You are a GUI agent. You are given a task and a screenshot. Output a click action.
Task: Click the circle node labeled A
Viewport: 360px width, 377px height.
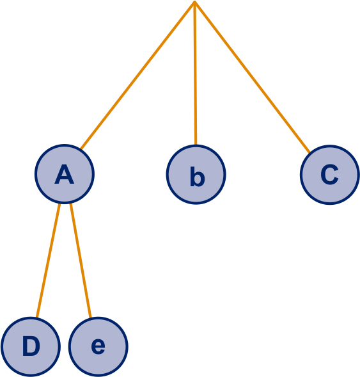[x=65, y=174]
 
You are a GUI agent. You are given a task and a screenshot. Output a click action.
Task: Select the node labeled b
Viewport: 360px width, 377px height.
[x=196, y=175]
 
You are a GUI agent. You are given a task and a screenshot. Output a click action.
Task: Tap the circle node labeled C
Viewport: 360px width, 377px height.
[x=330, y=175]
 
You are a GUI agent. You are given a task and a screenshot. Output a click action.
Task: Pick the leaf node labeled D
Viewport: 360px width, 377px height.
[x=31, y=347]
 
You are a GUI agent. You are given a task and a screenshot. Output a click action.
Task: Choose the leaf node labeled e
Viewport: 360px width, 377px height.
[x=98, y=347]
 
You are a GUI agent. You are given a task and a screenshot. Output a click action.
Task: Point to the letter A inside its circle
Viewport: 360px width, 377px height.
[x=65, y=175]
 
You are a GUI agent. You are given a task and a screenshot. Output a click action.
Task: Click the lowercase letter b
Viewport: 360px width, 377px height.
[x=198, y=177]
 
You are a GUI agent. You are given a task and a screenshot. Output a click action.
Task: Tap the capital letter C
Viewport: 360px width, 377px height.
[x=329, y=175]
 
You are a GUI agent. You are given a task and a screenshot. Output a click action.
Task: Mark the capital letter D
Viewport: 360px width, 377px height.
[x=31, y=346]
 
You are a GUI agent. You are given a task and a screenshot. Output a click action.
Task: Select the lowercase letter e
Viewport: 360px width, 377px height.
[x=98, y=346]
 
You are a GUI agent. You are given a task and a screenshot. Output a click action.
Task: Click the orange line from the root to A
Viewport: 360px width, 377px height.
[x=138, y=75]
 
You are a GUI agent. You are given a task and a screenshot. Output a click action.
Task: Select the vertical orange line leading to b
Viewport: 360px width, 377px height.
[x=195, y=73]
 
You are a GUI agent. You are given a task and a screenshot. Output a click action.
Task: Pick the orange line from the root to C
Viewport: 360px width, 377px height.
[x=252, y=77]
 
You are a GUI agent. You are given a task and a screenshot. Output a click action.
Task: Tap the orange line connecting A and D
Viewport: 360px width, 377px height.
[x=48, y=261]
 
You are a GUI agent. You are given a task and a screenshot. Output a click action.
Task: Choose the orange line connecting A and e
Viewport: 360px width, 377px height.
[x=81, y=261]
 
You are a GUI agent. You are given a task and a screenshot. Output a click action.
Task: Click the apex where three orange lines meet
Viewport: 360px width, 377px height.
[x=195, y=1]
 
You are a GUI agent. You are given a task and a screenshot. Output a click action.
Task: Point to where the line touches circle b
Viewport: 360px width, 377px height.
[x=196, y=145]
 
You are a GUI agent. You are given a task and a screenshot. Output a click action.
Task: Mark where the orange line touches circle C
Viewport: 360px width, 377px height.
[x=309, y=153]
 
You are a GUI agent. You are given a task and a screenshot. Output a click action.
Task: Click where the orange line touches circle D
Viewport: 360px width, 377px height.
[x=36, y=317]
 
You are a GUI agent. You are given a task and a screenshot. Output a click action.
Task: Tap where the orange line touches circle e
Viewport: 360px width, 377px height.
[x=91, y=317]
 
